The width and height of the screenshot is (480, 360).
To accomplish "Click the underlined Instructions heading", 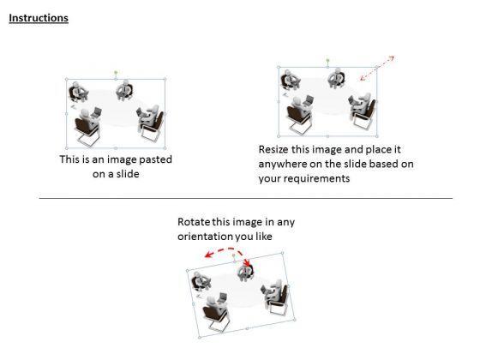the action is point(39,18).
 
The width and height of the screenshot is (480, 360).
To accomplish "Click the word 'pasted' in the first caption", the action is point(155,159).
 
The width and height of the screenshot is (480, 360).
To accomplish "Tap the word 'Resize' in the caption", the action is point(273,149).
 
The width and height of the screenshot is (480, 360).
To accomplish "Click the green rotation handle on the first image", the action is point(116,73).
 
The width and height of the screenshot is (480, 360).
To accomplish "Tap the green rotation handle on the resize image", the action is point(327,60).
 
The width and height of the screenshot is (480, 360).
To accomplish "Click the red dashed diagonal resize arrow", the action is point(377,68).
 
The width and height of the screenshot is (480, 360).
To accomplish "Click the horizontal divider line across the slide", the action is point(246,198).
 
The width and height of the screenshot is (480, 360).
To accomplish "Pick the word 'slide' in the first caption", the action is point(129,174).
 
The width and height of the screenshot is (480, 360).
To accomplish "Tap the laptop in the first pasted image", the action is point(97,112).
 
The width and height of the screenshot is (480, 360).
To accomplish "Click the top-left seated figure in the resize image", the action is point(290,79).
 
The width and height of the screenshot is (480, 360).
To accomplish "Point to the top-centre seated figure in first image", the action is point(124,90).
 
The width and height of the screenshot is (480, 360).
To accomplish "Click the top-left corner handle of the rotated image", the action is point(188,270).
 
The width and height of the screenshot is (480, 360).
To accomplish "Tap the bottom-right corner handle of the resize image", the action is point(377,136).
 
